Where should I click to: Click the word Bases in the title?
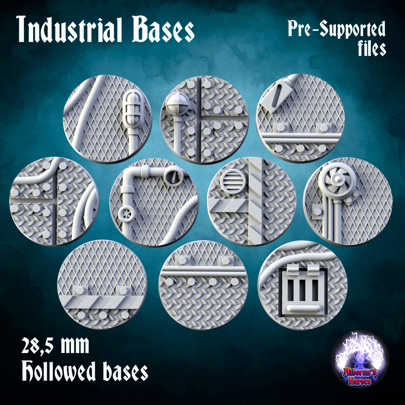point(163,30)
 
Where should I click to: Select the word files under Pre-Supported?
point(372,49)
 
